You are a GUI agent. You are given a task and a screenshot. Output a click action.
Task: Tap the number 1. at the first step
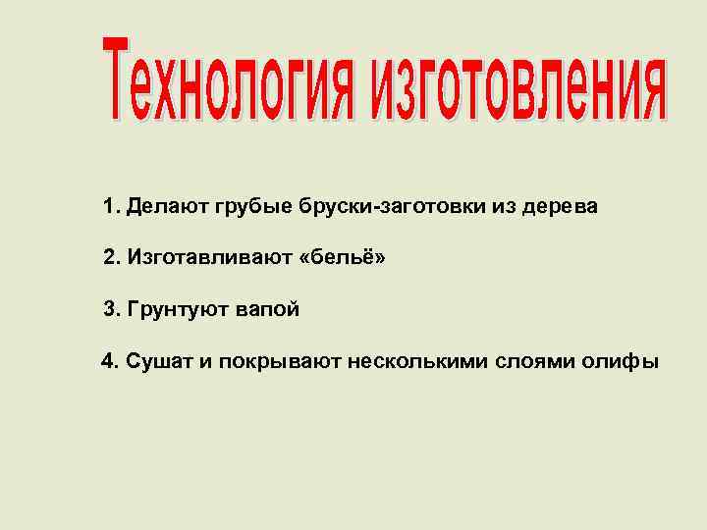click(109, 208)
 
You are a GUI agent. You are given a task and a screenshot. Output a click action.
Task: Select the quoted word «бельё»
click(342, 259)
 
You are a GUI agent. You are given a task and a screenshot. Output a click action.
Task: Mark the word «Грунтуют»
click(177, 310)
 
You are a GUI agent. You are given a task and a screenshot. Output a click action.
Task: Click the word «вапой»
click(265, 310)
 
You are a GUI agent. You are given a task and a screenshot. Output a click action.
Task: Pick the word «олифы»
click(624, 362)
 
